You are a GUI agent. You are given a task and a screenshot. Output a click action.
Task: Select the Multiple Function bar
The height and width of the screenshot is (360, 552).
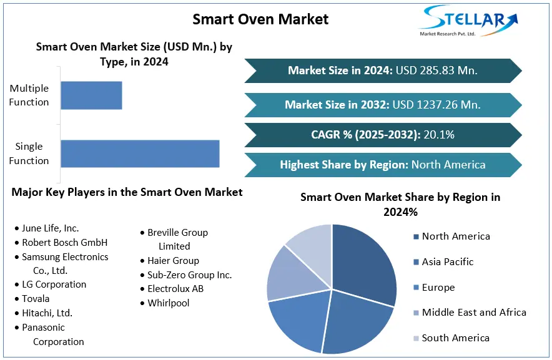pos(91,95)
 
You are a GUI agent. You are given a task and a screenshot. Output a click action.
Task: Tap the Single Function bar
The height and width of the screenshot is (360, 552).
pos(140,153)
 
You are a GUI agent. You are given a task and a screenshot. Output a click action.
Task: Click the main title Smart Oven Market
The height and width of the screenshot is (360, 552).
pos(260,19)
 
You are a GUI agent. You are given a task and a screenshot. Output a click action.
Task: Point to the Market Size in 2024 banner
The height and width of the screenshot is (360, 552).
pos(382,71)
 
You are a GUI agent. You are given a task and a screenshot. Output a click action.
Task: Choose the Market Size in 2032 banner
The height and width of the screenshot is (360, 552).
pos(382,104)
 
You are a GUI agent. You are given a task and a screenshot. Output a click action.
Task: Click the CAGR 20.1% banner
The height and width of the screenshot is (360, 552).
pos(382,134)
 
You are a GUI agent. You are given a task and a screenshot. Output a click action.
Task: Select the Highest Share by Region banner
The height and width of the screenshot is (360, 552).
pos(382,165)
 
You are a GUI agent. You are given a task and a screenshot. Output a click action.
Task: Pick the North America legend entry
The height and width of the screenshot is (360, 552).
pos(456,236)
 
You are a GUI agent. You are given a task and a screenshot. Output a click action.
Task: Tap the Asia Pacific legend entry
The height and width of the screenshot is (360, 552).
pos(448,261)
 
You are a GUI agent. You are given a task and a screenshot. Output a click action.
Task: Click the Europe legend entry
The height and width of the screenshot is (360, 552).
pos(438,287)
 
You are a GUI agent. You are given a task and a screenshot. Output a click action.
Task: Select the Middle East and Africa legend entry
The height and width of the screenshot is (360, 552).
pos(474,312)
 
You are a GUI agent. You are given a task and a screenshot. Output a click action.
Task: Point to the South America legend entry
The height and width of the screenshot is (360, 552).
pos(455,338)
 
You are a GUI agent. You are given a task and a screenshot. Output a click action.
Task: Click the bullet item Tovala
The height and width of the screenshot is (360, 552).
pos(36,298)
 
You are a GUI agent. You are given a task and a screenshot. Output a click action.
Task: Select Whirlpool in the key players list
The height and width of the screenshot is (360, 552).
pos(168,303)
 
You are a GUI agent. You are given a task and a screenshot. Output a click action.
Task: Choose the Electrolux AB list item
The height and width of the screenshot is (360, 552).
pos(175,288)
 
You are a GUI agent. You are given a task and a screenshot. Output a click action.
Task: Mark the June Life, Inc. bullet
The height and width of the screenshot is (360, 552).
pos(50,228)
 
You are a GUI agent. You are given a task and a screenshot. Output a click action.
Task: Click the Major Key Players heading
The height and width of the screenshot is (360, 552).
pos(127,192)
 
